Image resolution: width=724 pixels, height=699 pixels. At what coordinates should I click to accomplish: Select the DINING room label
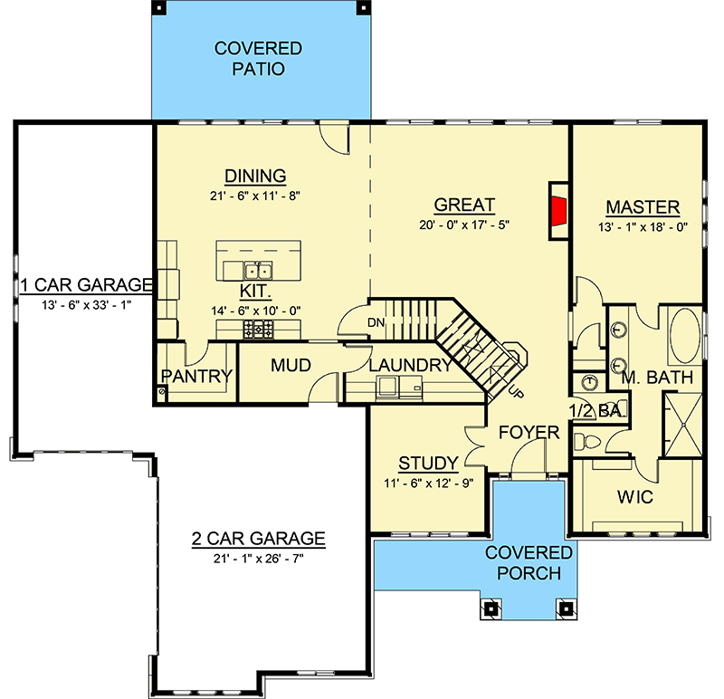255,176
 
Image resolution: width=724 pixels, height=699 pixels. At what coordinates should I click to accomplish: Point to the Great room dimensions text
464,225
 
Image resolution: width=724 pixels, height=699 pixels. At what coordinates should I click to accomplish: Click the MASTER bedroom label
642,206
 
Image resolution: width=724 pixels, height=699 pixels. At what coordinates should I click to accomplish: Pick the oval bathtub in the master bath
684,336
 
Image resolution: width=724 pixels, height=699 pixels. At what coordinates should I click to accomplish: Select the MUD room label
291,366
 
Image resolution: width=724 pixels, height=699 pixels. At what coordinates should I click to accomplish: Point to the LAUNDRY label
410,366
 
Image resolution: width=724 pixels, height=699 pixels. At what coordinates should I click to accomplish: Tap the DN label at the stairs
376,321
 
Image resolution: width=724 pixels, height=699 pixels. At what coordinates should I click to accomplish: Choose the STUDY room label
427,463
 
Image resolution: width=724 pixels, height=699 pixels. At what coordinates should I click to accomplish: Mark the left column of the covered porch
491,608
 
